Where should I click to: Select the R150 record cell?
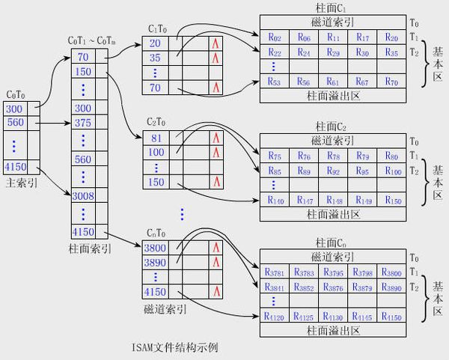(391, 200)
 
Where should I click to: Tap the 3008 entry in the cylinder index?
(83, 195)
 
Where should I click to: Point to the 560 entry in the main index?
(16, 122)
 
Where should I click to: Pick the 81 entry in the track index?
(156, 138)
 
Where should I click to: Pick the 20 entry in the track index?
(156, 43)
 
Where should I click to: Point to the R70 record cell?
(391, 81)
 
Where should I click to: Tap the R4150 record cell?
(391, 317)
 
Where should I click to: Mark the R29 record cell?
(333, 53)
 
